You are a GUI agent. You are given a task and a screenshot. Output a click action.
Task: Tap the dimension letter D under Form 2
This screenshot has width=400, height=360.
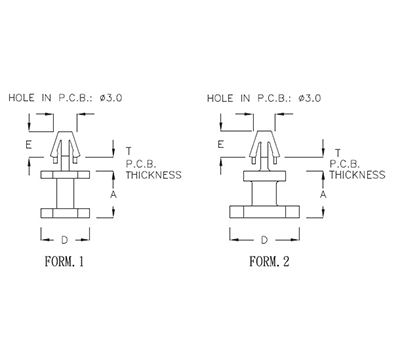tap(264, 240)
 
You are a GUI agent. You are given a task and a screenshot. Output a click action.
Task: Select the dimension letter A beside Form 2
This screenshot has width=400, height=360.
tap(322, 194)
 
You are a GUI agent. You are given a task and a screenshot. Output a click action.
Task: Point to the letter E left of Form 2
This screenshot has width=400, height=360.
tap(219, 145)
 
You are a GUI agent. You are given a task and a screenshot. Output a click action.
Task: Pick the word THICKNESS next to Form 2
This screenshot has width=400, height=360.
tap(357, 174)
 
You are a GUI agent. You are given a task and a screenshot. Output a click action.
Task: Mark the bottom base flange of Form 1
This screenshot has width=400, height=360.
tap(66, 215)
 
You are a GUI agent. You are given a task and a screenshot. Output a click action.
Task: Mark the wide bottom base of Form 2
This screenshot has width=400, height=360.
tap(264, 213)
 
